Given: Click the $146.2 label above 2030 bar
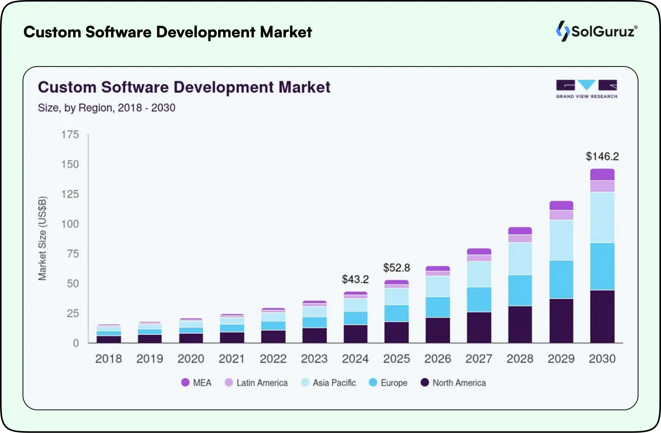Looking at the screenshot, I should click(x=602, y=156).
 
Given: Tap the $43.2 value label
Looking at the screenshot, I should click(x=355, y=279).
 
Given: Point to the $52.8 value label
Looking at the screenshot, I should click(x=396, y=268).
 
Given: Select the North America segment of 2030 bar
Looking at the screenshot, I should click(x=602, y=316).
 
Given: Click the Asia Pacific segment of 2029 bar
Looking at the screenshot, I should click(x=561, y=240).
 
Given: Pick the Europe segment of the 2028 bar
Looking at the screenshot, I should click(x=520, y=290).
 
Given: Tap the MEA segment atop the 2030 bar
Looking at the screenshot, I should click(x=602, y=174).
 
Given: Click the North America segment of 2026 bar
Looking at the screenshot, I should click(x=437, y=330).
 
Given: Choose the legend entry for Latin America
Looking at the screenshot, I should click(x=256, y=383).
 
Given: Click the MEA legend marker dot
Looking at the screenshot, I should click(x=185, y=383).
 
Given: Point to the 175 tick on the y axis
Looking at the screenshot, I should click(x=70, y=135).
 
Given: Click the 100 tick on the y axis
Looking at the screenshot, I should click(x=70, y=224).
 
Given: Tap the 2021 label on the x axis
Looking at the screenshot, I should click(x=232, y=359).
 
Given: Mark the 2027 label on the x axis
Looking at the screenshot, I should click(x=479, y=359).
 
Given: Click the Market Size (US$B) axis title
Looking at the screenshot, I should click(x=42, y=238).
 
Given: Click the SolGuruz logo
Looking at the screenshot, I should click(x=596, y=31).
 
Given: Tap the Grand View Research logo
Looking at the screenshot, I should click(x=586, y=89).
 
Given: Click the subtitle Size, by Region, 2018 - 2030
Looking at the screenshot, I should click(x=107, y=108).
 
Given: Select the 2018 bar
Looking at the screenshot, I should click(x=108, y=334).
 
